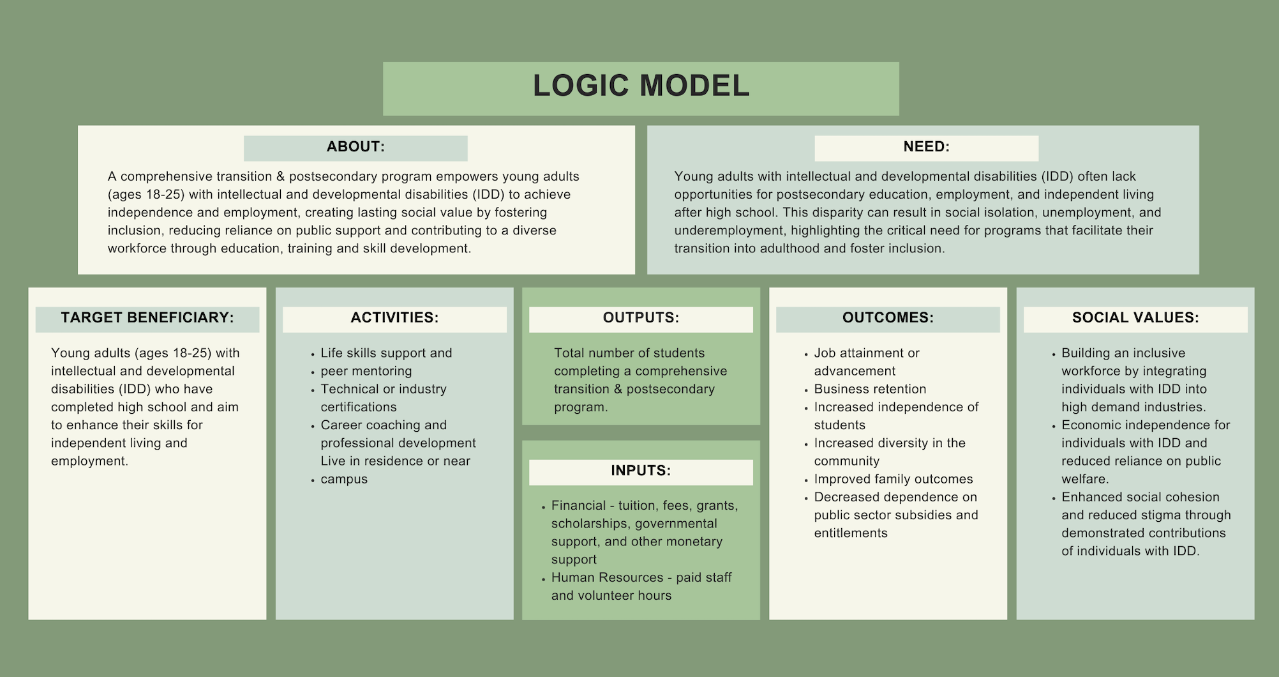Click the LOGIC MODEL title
click(x=641, y=86)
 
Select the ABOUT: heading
click(x=355, y=147)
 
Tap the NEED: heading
click(x=926, y=147)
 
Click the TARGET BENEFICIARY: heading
click(x=147, y=318)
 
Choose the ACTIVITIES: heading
click(x=394, y=318)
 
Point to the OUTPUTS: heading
click(x=641, y=318)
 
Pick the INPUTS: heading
click(x=641, y=471)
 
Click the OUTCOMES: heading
click(x=888, y=318)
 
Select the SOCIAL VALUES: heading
click(x=1135, y=318)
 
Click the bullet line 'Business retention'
click(x=870, y=390)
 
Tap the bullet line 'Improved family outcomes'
click(x=894, y=480)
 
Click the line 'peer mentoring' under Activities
click(x=366, y=372)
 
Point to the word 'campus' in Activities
click(x=344, y=480)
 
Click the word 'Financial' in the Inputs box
click(x=578, y=506)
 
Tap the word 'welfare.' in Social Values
click(x=1085, y=480)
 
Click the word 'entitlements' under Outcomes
click(x=851, y=533)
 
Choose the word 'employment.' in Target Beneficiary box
click(x=89, y=462)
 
